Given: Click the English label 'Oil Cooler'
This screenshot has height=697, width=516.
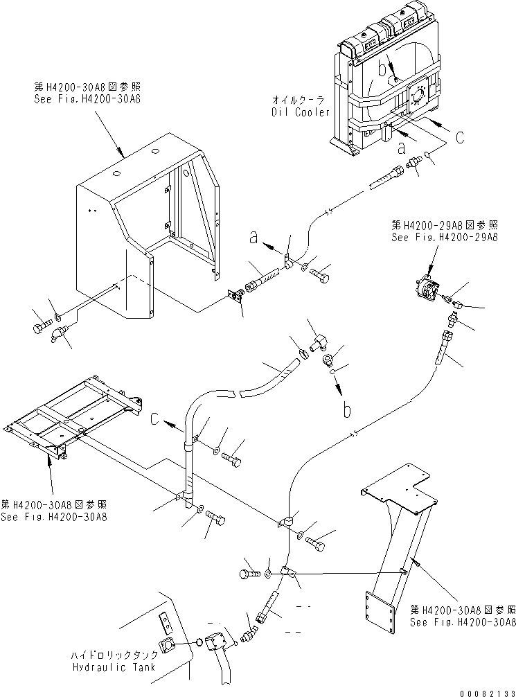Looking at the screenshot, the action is (301, 112).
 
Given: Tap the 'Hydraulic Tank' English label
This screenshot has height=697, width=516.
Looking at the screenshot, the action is (114, 667).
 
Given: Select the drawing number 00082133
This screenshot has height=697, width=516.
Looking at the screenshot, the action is (488, 693).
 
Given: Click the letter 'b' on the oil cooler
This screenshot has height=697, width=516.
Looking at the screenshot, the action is (382, 69).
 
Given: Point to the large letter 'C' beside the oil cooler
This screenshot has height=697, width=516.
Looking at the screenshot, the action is (460, 137).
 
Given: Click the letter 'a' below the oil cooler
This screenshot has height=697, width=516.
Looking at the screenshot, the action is (402, 148).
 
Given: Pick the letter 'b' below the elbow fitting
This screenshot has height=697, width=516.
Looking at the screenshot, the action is (347, 410).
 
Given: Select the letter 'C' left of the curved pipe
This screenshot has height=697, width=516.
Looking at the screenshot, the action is (154, 418).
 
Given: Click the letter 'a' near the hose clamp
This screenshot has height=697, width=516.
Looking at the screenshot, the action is (253, 238).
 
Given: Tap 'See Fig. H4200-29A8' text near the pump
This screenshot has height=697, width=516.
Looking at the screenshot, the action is (445, 237).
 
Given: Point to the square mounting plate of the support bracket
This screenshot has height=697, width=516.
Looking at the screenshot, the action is (379, 612).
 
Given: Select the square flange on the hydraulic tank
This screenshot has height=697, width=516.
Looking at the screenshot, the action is (167, 644).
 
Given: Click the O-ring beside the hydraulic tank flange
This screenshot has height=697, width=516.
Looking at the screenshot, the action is (199, 642).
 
